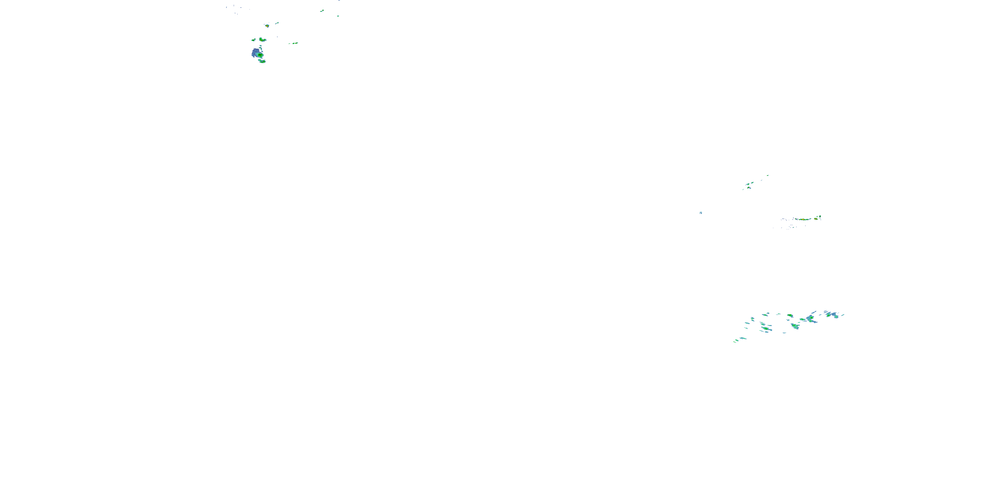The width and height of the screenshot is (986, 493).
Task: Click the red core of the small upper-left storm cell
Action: coord(267,26)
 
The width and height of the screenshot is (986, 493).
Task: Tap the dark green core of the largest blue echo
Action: coord(260,55)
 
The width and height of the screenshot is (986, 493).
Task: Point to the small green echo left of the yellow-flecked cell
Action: coord(253,40)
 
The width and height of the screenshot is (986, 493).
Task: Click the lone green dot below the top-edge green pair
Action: coord(338,16)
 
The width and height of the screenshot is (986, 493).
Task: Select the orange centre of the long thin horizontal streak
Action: coord(803,219)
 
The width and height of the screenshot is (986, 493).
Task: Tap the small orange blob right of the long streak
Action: coord(816,219)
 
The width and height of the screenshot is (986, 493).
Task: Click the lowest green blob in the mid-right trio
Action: coord(749,188)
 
